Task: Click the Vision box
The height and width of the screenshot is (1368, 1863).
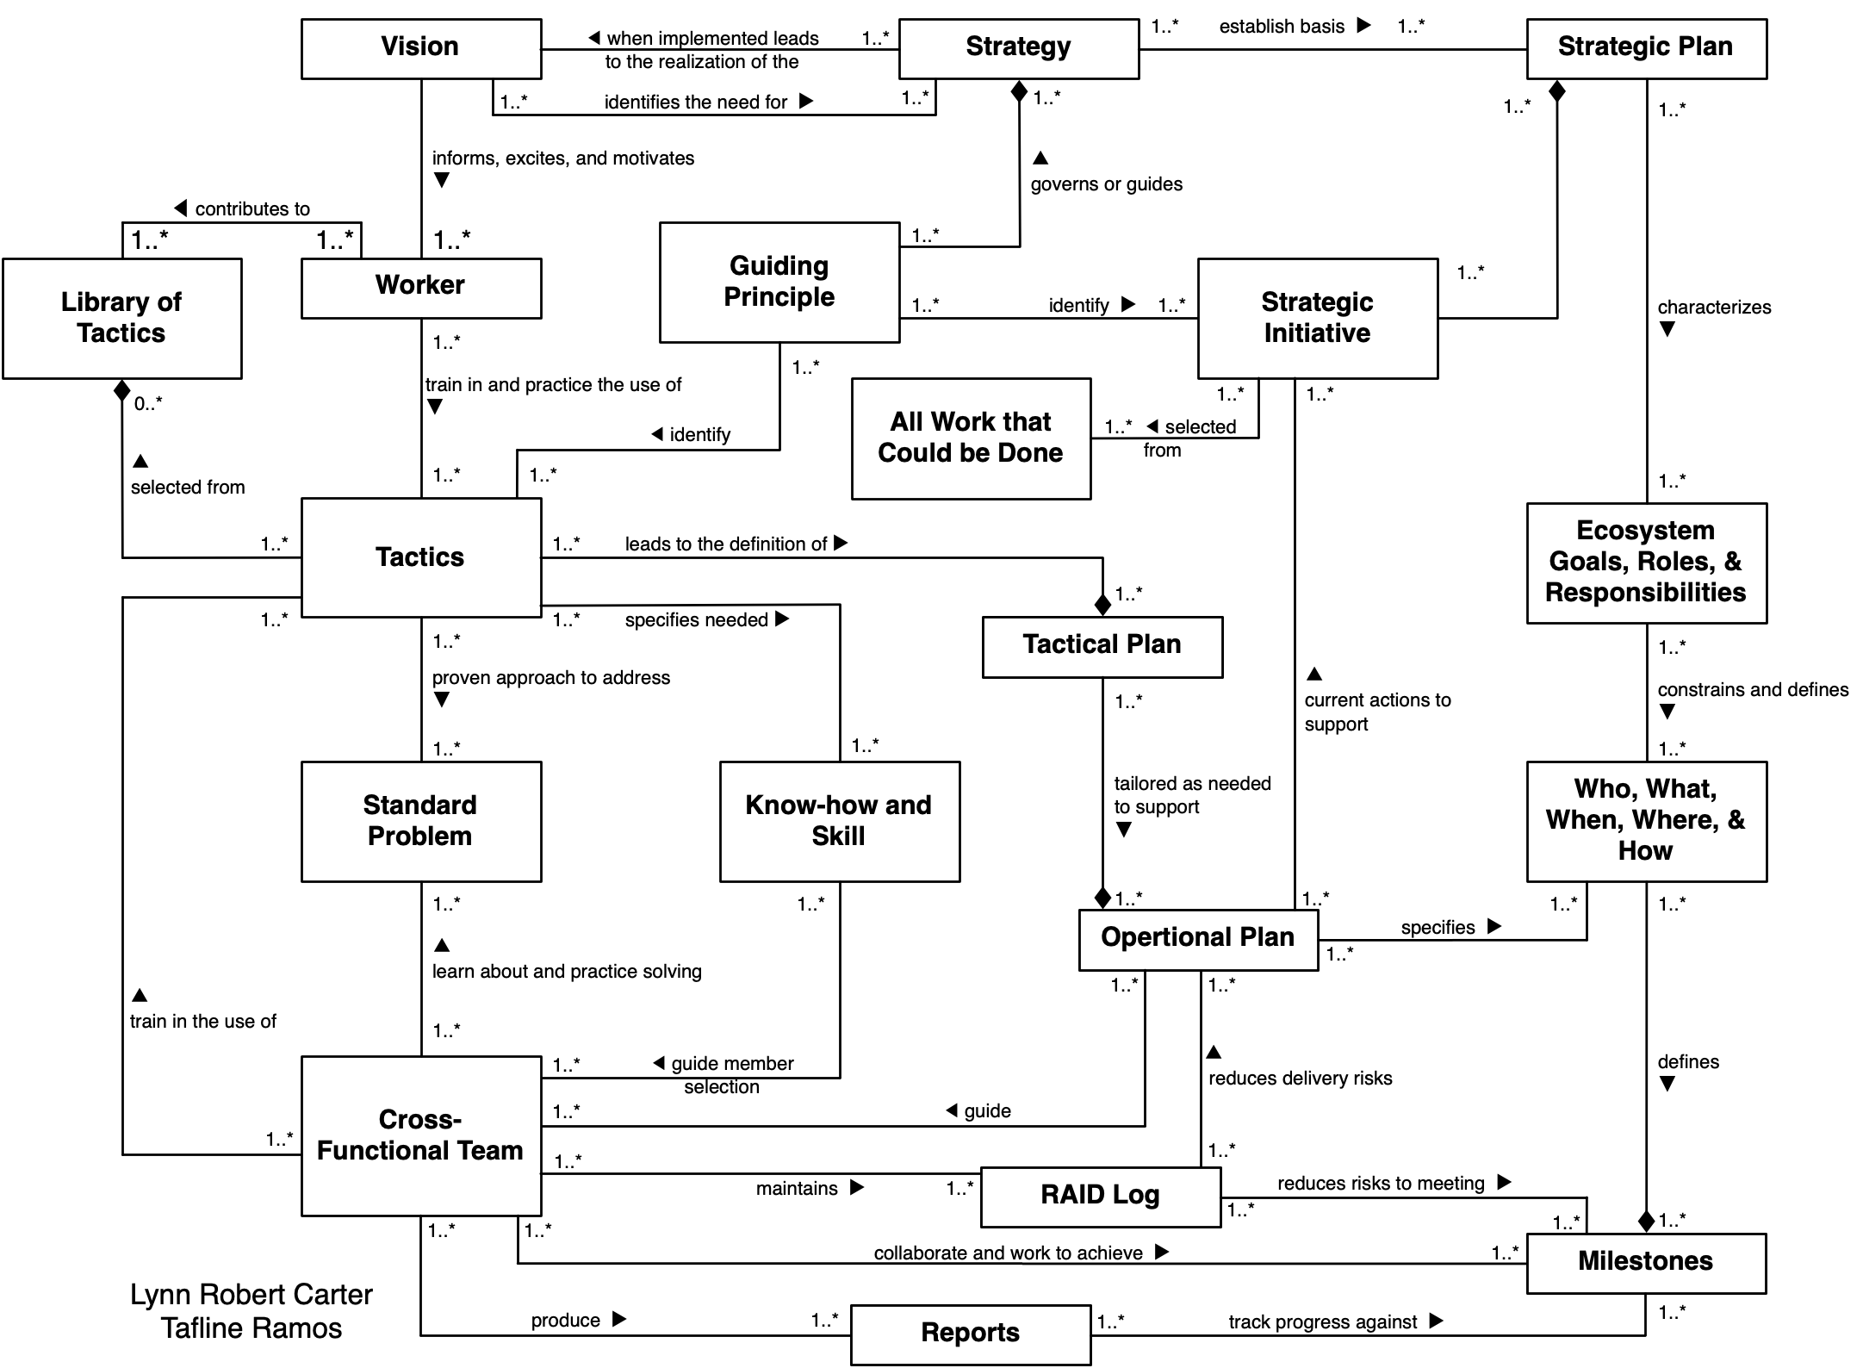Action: click(x=420, y=48)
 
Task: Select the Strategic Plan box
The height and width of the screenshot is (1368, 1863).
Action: click(x=1645, y=48)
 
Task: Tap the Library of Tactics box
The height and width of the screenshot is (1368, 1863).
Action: click(x=121, y=318)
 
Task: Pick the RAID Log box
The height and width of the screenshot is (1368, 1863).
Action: click(x=1100, y=1196)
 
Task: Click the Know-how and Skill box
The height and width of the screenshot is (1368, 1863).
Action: click(x=839, y=821)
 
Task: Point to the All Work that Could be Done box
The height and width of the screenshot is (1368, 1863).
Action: click(x=971, y=438)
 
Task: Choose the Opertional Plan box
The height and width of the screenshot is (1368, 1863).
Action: click(x=1197, y=938)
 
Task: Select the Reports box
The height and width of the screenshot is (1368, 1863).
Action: click(x=970, y=1334)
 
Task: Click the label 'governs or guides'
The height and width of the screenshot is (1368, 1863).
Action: click(x=1106, y=184)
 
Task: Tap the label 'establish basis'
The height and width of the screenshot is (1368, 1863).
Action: click(x=1281, y=27)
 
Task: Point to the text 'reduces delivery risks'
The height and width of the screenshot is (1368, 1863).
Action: click(x=1300, y=1079)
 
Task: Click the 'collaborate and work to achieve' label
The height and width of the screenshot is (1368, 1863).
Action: click(x=1008, y=1253)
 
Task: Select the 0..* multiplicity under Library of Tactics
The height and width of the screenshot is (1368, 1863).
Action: click(x=148, y=403)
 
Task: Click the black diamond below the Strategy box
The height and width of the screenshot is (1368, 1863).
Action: click(x=1019, y=90)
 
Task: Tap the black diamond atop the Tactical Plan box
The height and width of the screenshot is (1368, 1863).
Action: click(x=1102, y=605)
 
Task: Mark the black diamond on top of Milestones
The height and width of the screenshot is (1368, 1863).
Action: click(x=1646, y=1222)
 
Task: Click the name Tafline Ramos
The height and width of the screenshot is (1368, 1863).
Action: click(x=251, y=1328)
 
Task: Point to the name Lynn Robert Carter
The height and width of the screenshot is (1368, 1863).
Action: click(x=251, y=1295)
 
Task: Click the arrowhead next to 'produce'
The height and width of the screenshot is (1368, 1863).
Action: click(x=618, y=1319)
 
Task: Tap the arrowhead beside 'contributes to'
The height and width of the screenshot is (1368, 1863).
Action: click(x=181, y=208)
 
